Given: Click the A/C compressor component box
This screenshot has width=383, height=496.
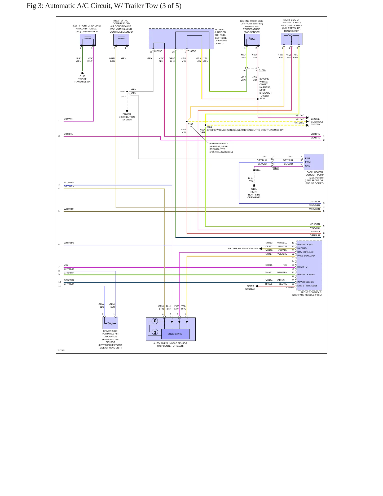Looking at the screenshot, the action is tap(88, 40).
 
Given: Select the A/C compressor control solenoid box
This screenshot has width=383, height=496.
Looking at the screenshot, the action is tap(121, 40).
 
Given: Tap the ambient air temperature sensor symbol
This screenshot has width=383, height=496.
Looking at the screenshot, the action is tap(252, 40).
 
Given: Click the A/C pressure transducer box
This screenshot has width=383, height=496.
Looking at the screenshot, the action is tap(291, 39).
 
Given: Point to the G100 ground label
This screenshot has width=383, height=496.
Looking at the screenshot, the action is tap(82, 76).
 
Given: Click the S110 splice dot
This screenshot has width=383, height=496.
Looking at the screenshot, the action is tap(127, 92).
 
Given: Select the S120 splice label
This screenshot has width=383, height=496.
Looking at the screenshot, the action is tap(262, 98).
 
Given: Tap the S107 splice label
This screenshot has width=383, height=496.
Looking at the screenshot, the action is tap(190, 124).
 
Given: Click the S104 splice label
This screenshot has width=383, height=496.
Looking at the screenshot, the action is tap(209, 127).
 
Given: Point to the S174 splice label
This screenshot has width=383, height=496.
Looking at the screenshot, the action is tap(258, 170).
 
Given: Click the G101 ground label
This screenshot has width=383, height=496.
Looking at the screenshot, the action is tap(254, 189).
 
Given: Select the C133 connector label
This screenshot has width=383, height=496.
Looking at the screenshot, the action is tap(276, 168).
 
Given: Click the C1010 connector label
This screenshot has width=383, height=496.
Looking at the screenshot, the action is tap(262, 70).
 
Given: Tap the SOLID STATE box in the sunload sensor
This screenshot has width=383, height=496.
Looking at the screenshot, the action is tap(175, 334).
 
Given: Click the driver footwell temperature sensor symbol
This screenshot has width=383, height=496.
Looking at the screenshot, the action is tap(110, 323).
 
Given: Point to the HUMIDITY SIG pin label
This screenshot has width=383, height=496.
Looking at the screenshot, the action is tap(305, 245).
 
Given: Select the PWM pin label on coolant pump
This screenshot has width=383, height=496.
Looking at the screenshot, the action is tap(308, 162).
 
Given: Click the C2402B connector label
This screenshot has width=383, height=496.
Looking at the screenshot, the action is tap(290, 288).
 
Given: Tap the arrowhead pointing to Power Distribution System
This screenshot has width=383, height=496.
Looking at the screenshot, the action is tap(127, 111).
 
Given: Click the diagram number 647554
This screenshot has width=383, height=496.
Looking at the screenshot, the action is tap(61, 350).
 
